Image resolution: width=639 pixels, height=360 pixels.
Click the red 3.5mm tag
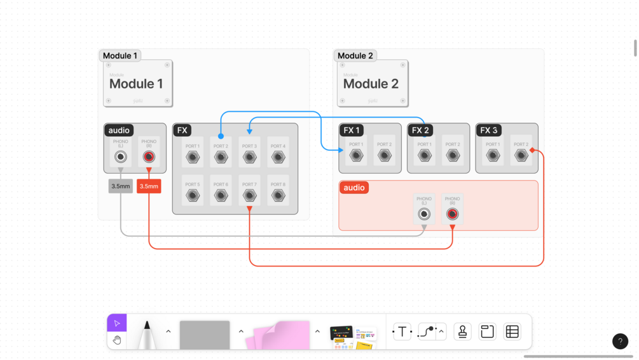149,186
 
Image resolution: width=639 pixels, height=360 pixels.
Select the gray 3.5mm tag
120,186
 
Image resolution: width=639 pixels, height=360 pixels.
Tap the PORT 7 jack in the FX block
249,195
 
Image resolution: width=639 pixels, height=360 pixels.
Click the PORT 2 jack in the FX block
221,157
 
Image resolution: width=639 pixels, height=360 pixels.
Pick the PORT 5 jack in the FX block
193,195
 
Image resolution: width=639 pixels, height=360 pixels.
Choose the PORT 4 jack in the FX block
278,157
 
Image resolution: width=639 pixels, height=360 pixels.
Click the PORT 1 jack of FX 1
356,155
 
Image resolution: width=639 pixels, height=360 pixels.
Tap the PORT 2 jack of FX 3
521,155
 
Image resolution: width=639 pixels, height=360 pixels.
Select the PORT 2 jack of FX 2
453,155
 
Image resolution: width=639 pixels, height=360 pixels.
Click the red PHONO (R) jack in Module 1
149,157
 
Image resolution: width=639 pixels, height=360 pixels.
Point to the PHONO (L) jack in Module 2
424,214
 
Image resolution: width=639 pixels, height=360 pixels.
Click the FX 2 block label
420,130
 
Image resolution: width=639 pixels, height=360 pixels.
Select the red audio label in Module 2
354,188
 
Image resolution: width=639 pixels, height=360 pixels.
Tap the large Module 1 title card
137,83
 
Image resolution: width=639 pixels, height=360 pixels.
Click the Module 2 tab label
355,56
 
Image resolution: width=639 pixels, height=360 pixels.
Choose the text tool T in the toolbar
402,331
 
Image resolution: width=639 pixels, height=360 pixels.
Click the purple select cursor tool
117,323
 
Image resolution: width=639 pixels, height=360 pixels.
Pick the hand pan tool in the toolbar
117,340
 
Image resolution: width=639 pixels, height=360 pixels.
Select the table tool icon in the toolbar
512,331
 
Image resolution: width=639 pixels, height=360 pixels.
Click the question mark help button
620,342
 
